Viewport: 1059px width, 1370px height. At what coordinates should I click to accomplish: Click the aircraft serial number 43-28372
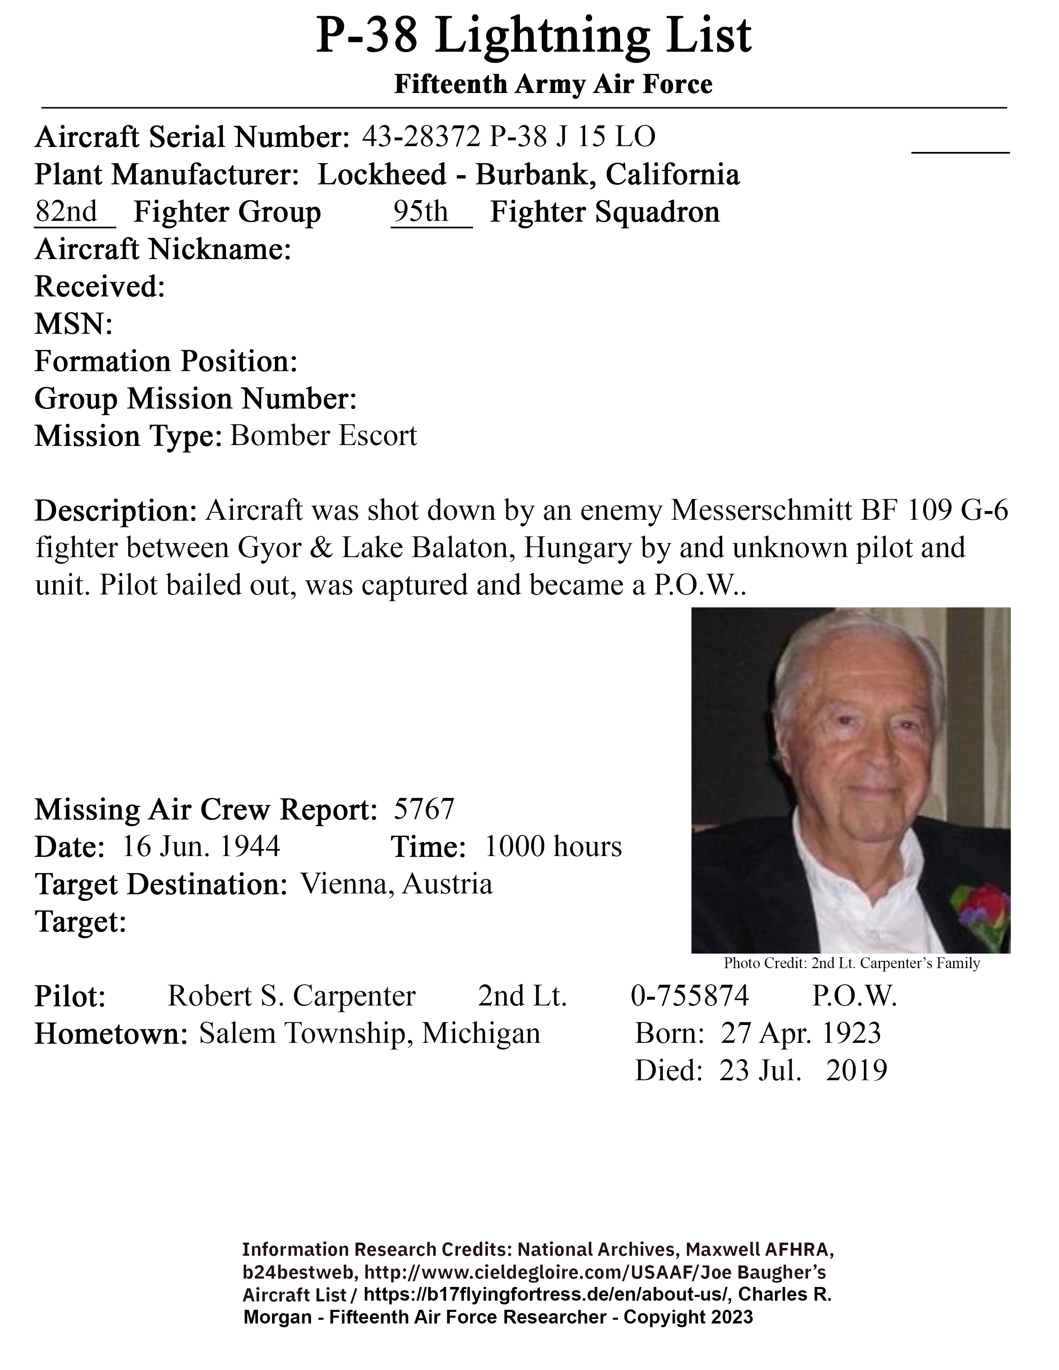click(421, 137)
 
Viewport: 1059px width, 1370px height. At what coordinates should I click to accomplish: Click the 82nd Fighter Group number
click(66, 211)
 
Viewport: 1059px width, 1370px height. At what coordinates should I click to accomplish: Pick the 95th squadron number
click(420, 211)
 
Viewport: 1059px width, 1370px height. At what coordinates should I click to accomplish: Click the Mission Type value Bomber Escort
click(323, 435)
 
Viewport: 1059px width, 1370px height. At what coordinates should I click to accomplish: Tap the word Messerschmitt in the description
click(761, 511)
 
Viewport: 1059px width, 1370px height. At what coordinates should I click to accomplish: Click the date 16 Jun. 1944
click(201, 847)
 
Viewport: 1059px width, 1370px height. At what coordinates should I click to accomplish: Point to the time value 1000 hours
click(553, 847)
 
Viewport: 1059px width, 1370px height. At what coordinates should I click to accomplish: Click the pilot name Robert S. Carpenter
click(291, 996)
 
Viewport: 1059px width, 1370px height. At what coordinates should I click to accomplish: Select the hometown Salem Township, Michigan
click(370, 1034)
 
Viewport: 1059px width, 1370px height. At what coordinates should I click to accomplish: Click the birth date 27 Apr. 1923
click(801, 1033)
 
